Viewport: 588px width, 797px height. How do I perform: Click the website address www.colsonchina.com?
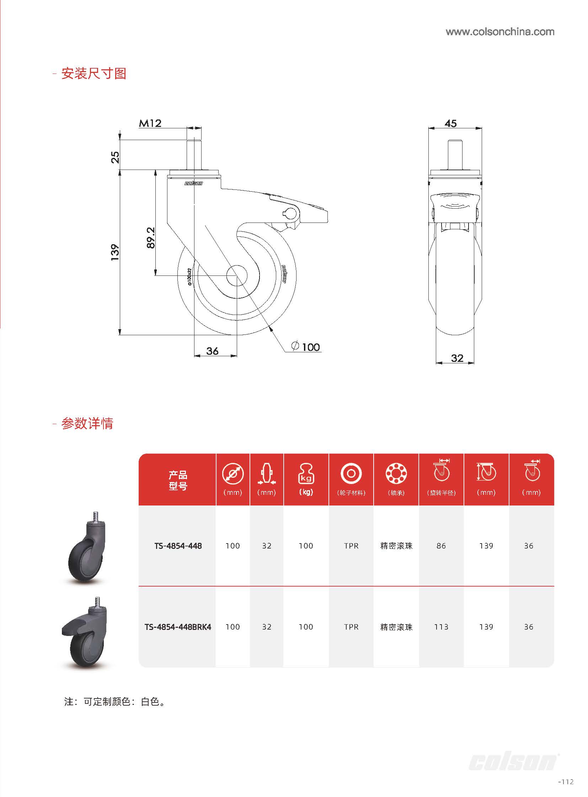[500, 32]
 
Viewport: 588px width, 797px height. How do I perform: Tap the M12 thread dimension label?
[150, 123]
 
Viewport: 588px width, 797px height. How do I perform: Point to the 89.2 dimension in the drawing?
[151, 237]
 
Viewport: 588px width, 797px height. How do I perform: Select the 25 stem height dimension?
[115, 157]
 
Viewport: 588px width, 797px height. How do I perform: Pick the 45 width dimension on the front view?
[450, 123]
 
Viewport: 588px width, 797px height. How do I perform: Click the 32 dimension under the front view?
[457, 358]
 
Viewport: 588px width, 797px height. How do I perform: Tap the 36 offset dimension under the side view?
[212, 351]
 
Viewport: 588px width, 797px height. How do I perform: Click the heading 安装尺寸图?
[93, 74]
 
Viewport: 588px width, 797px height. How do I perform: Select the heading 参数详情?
[87, 424]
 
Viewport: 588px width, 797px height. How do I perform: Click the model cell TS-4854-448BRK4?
[178, 627]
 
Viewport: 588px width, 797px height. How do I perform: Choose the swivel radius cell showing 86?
[441, 546]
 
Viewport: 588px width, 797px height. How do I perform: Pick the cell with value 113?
[441, 627]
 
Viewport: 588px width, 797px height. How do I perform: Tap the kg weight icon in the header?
[306, 474]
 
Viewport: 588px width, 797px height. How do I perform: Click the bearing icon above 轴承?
[396, 474]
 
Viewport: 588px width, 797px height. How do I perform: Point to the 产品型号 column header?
[178, 480]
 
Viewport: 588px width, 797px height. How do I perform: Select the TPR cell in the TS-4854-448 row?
[351, 546]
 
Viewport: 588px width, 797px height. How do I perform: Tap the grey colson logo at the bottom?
[513, 762]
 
